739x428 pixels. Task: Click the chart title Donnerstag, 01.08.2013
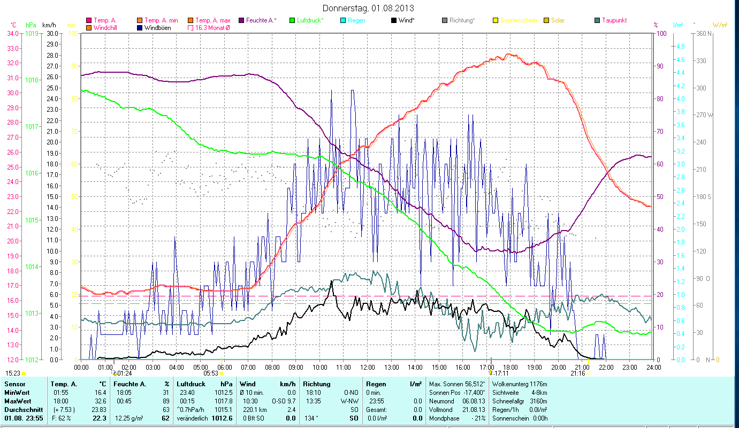pyautogui.click(x=369, y=8)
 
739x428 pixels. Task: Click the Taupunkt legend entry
pyautogui.click(x=614, y=20)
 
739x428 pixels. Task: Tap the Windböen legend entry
pyautogui.click(x=157, y=27)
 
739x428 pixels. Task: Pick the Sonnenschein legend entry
pyautogui.click(x=518, y=20)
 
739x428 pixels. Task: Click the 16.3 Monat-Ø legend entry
pyautogui.click(x=212, y=27)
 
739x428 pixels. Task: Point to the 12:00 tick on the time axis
pyautogui.click(x=368, y=368)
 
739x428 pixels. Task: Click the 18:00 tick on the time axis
pyautogui.click(x=511, y=368)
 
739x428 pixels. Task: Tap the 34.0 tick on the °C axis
pyautogui.click(x=12, y=33)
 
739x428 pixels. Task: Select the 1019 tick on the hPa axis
pyautogui.click(x=32, y=33)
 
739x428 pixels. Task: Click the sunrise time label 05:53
pyautogui.click(x=210, y=373)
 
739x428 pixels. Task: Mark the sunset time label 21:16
pyautogui.click(x=577, y=373)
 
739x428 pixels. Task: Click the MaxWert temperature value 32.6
pyautogui.click(x=100, y=401)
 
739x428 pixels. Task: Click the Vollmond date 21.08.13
pyautogui.click(x=473, y=409)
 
